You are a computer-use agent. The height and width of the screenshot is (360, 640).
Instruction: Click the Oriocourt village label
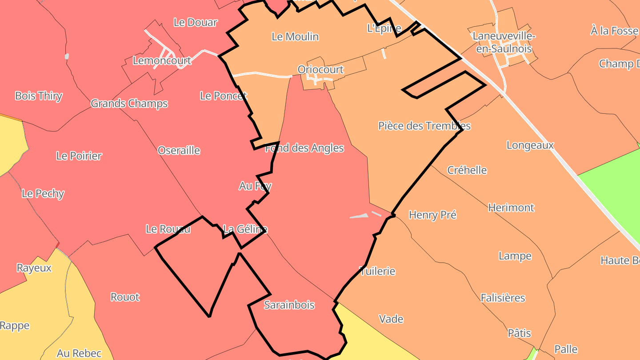click(320, 70)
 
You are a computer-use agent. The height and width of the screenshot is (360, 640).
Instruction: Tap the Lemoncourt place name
click(162, 61)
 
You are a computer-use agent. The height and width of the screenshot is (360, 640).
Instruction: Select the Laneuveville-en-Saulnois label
click(504, 42)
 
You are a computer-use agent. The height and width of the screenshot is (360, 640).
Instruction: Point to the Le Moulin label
click(295, 36)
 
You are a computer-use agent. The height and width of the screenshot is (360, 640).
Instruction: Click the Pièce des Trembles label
click(424, 126)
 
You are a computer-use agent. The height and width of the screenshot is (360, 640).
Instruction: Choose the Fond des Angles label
click(304, 148)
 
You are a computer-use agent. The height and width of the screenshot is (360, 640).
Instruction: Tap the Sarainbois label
click(289, 305)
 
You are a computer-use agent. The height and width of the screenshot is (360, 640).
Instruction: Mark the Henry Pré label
click(432, 215)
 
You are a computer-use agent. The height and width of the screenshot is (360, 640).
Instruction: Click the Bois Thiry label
click(39, 96)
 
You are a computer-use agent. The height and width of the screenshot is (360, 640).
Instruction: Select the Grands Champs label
click(129, 104)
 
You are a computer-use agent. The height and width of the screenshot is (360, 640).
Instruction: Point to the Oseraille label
click(179, 151)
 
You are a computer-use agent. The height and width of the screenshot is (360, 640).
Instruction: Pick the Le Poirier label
click(79, 156)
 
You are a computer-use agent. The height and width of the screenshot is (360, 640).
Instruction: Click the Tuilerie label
click(377, 271)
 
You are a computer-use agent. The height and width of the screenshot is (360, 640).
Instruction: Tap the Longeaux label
click(530, 145)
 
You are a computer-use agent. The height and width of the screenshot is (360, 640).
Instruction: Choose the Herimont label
click(511, 208)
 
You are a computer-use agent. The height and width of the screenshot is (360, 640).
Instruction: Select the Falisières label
click(503, 298)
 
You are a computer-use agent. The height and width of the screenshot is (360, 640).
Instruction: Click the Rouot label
click(125, 297)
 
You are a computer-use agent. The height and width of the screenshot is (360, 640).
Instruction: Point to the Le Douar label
click(196, 22)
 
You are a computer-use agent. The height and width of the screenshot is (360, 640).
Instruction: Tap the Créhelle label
click(467, 170)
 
